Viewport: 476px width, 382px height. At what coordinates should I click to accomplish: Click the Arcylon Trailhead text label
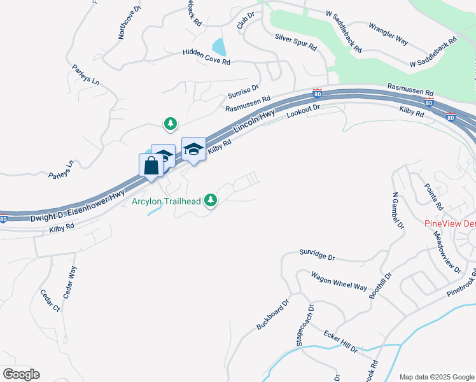(167, 202)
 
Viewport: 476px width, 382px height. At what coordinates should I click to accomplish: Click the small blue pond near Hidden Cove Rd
(219, 46)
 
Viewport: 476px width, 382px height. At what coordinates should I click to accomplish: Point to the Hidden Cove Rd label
(206, 57)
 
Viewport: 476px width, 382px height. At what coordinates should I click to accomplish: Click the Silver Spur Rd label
(295, 42)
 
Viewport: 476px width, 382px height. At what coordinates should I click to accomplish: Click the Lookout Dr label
(302, 112)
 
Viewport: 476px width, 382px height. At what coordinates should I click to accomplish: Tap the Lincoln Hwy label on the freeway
(253, 121)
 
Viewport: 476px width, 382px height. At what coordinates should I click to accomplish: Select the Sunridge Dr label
(317, 256)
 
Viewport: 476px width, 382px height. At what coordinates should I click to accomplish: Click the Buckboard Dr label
(273, 314)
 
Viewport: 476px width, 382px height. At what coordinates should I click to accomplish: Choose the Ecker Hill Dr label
(340, 341)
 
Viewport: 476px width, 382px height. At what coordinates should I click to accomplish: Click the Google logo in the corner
(21, 374)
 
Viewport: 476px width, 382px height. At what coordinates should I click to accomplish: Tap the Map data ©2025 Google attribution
(436, 377)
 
